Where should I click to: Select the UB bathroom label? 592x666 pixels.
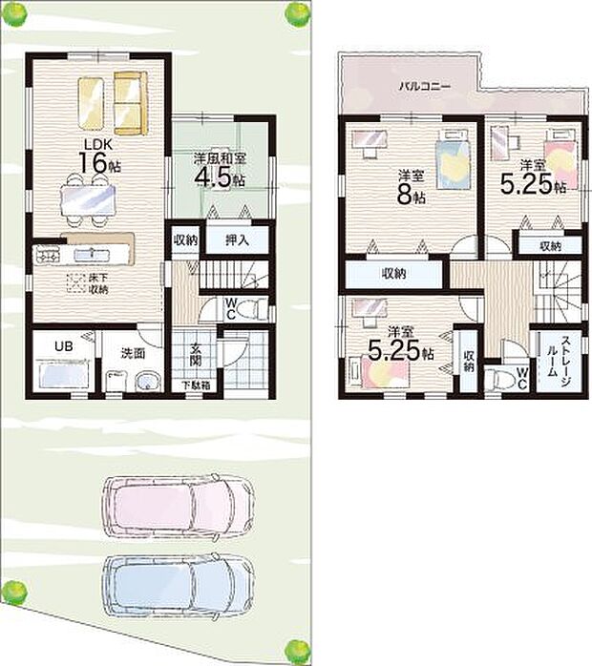(61, 346)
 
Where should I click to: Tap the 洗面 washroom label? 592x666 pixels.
(133, 352)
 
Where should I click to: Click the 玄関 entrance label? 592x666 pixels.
(194, 355)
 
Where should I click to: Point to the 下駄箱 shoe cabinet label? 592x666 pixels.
(196, 385)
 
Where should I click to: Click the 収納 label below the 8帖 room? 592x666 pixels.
(394, 273)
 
